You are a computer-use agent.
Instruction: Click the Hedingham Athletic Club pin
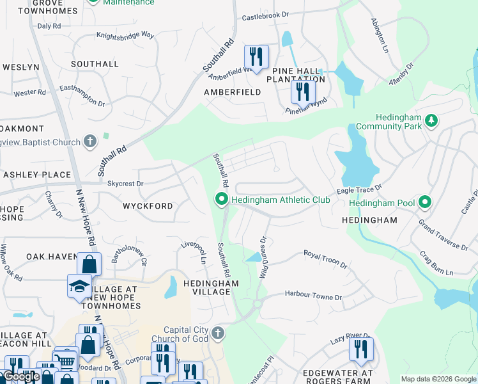[222, 200]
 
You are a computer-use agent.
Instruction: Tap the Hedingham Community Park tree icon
[431, 120]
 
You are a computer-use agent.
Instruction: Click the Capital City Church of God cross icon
[218, 333]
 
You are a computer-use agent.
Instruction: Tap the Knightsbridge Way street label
[125, 36]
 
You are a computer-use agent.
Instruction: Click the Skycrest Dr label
[125, 184]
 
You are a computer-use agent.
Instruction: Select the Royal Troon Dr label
[325, 259]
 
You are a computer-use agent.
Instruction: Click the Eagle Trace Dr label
[359, 189]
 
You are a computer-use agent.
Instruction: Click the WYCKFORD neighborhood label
[148, 206]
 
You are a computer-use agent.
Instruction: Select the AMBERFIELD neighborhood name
[232, 92]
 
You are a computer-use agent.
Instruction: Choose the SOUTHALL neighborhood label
[95, 64]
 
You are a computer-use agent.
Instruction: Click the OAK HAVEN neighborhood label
[52, 257]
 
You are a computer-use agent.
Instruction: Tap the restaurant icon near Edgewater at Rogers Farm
[361, 349]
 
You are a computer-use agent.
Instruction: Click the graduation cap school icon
[79, 286]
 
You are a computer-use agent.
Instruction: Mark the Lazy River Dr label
[350, 335]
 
